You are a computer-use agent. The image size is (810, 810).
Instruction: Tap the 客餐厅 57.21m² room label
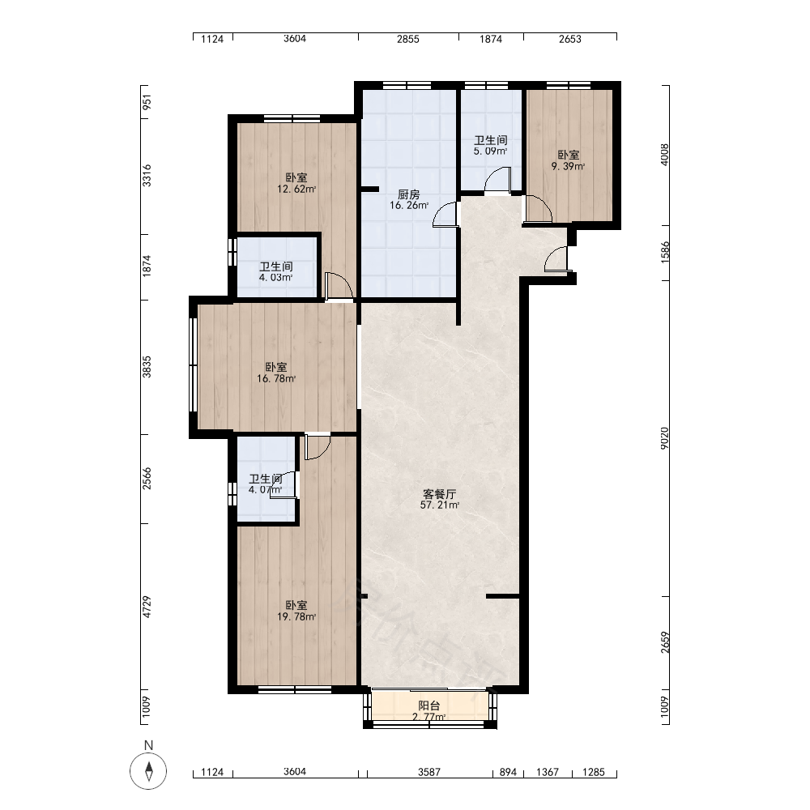pyautogui.click(x=440, y=499)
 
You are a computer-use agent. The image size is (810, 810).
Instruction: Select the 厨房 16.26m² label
pyautogui.click(x=408, y=199)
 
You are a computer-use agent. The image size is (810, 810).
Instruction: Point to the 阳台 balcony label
pyautogui.click(x=428, y=711)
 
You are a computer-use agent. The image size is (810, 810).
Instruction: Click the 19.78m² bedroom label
pyautogui.click(x=296, y=611)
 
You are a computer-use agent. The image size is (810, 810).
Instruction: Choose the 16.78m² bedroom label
pyautogui.click(x=276, y=373)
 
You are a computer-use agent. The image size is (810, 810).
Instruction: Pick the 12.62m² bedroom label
pyautogui.click(x=296, y=183)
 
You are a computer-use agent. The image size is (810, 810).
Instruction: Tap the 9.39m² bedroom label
pyautogui.click(x=569, y=160)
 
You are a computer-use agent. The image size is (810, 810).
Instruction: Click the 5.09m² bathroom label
pyautogui.click(x=491, y=145)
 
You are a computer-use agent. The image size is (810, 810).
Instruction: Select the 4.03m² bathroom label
pyautogui.click(x=276, y=271)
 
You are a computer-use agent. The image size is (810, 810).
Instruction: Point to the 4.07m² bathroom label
pyautogui.click(x=266, y=484)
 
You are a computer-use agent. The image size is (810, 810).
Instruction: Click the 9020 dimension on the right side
pyautogui.click(x=664, y=438)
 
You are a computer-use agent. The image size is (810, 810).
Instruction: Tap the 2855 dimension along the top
pyautogui.click(x=408, y=39)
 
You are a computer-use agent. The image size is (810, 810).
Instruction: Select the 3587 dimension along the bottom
pyautogui.click(x=429, y=772)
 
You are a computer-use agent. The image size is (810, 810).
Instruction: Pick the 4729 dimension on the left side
pyautogui.click(x=147, y=607)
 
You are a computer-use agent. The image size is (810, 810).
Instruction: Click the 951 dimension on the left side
pyautogui.click(x=147, y=102)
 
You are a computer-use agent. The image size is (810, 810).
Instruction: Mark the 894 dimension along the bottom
pyautogui.click(x=509, y=772)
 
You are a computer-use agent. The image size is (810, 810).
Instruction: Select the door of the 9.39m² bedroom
pyautogui.click(x=539, y=209)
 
